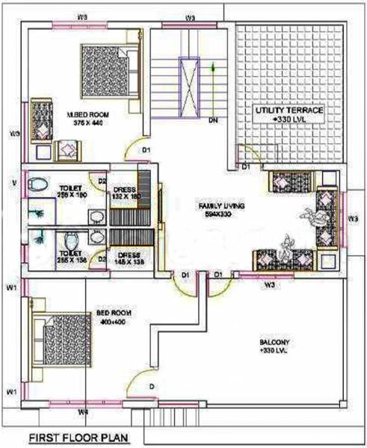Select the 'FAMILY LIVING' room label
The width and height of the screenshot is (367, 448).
tap(223, 204)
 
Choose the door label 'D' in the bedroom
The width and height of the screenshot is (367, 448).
tap(151, 386)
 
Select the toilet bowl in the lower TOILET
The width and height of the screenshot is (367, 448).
tap(70, 242)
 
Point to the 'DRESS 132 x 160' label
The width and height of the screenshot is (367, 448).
tap(124, 194)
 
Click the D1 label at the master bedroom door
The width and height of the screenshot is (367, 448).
tap(148, 150)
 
